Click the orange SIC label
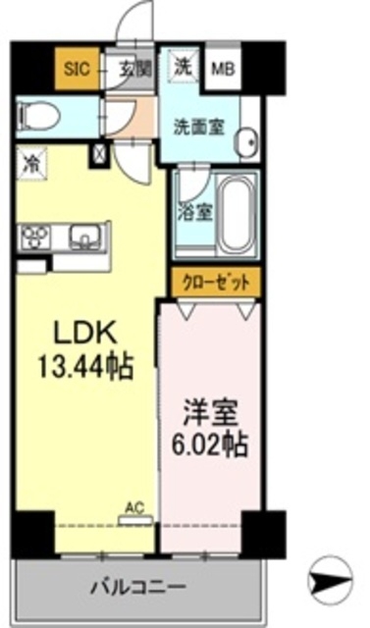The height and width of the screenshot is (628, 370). (77, 69)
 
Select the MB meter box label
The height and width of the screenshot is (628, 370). (224, 69)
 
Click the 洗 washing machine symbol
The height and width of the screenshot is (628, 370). (183, 68)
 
